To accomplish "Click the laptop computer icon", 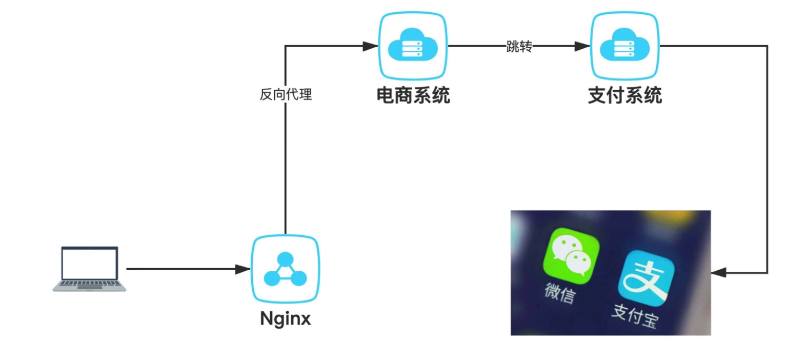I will pyautogui.click(x=89, y=269).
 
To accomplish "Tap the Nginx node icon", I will pyautogui.click(x=285, y=269).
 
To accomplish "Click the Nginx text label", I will pyautogui.click(x=286, y=318).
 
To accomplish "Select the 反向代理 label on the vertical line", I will pyautogui.click(x=286, y=94).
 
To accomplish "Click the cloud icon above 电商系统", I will pyautogui.click(x=413, y=46).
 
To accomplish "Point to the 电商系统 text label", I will pyautogui.click(x=413, y=95).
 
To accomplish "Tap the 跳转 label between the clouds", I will pyautogui.click(x=519, y=47).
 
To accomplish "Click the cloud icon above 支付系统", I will pyautogui.click(x=624, y=46).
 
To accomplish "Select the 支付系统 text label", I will pyautogui.click(x=624, y=95).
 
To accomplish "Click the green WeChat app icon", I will pyautogui.click(x=570, y=255).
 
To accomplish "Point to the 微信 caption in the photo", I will pyautogui.click(x=560, y=293).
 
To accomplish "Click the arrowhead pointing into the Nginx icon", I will pyautogui.click(x=243, y=269).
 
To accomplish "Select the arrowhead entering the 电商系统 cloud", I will pyautogui.click(x=370, y=46).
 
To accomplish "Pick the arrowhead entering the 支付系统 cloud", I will pyautogui.click(x=582, y=46).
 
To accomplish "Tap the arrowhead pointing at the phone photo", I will pyautogui.click(x=719, y=272).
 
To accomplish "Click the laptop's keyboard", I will pyautogui.click(x=89, y=283).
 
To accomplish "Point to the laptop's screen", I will pyautogui.click(x=89, y=263).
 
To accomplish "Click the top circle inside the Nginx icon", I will pyautogui.click(x=285, y=259).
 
